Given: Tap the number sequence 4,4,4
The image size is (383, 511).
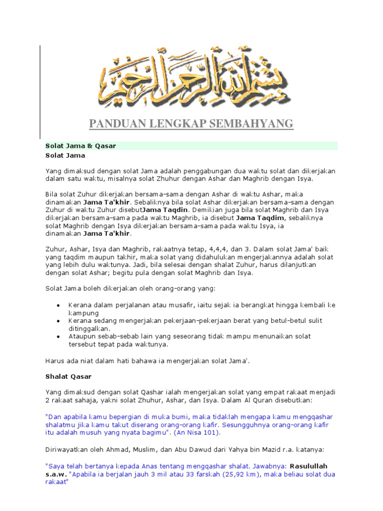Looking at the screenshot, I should tap(198, 249).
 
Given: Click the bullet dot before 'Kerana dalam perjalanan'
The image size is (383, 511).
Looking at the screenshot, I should tap(58, 305).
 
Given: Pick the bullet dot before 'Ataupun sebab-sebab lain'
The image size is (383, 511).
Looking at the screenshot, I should tap(58, 337).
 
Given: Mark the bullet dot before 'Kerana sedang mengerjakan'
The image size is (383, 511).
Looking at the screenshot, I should tap(58, 321).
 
